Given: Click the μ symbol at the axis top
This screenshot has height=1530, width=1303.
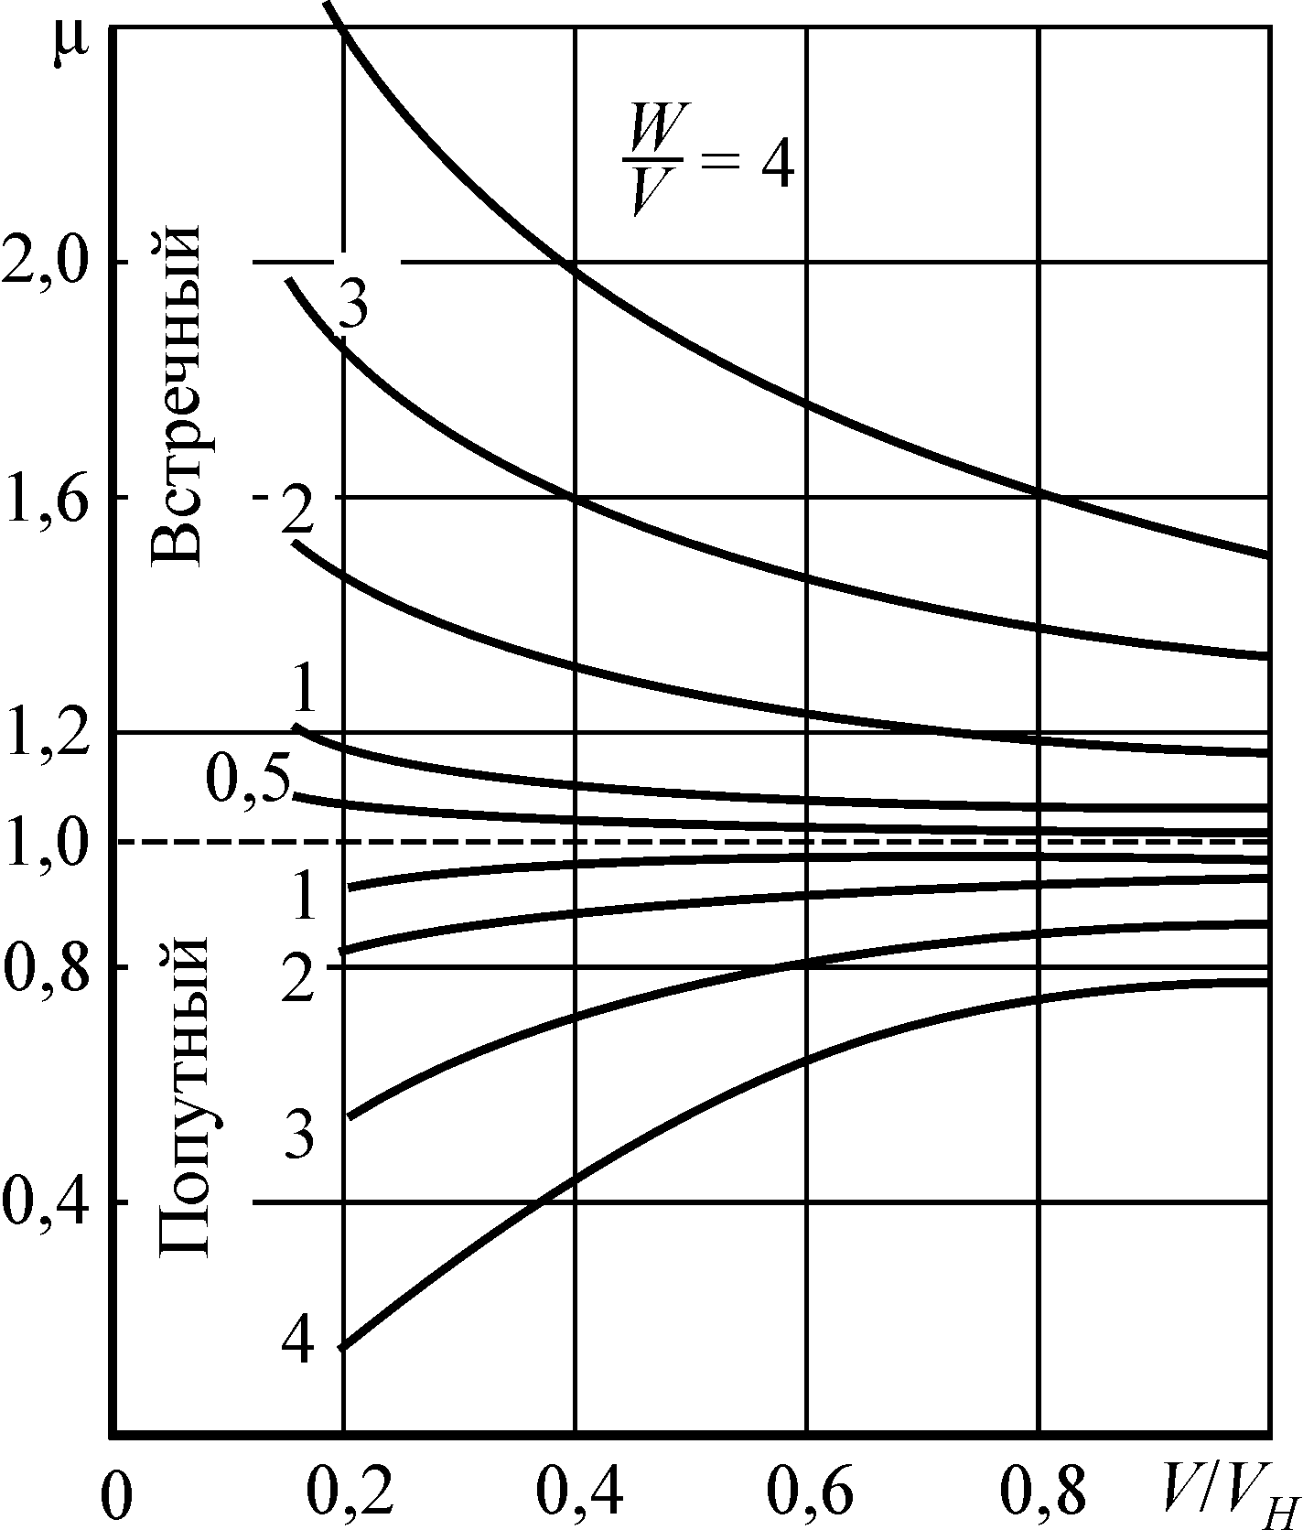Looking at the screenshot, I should tap(65, 48).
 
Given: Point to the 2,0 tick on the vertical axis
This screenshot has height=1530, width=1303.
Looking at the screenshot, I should tap(48, 264).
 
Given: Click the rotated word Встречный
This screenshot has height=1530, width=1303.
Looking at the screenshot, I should tap(175, 393).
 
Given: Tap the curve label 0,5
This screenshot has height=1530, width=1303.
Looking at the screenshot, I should tap(245, 778).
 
